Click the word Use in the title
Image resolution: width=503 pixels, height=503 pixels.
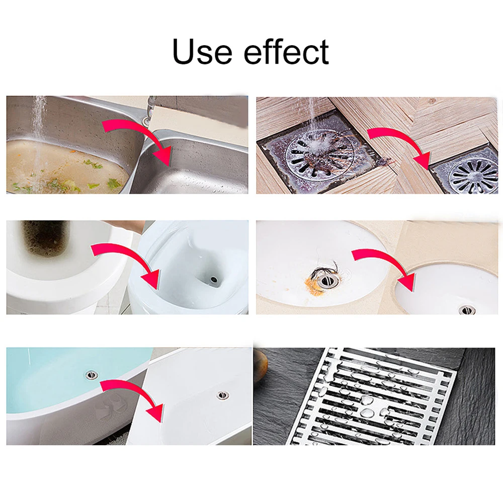(x=202, y=52)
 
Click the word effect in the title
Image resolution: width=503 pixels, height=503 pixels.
(x=287, y=51)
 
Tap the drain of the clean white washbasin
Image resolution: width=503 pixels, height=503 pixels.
(x=464, y=309)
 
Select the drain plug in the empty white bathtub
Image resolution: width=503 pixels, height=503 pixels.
(x=221, y=395)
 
